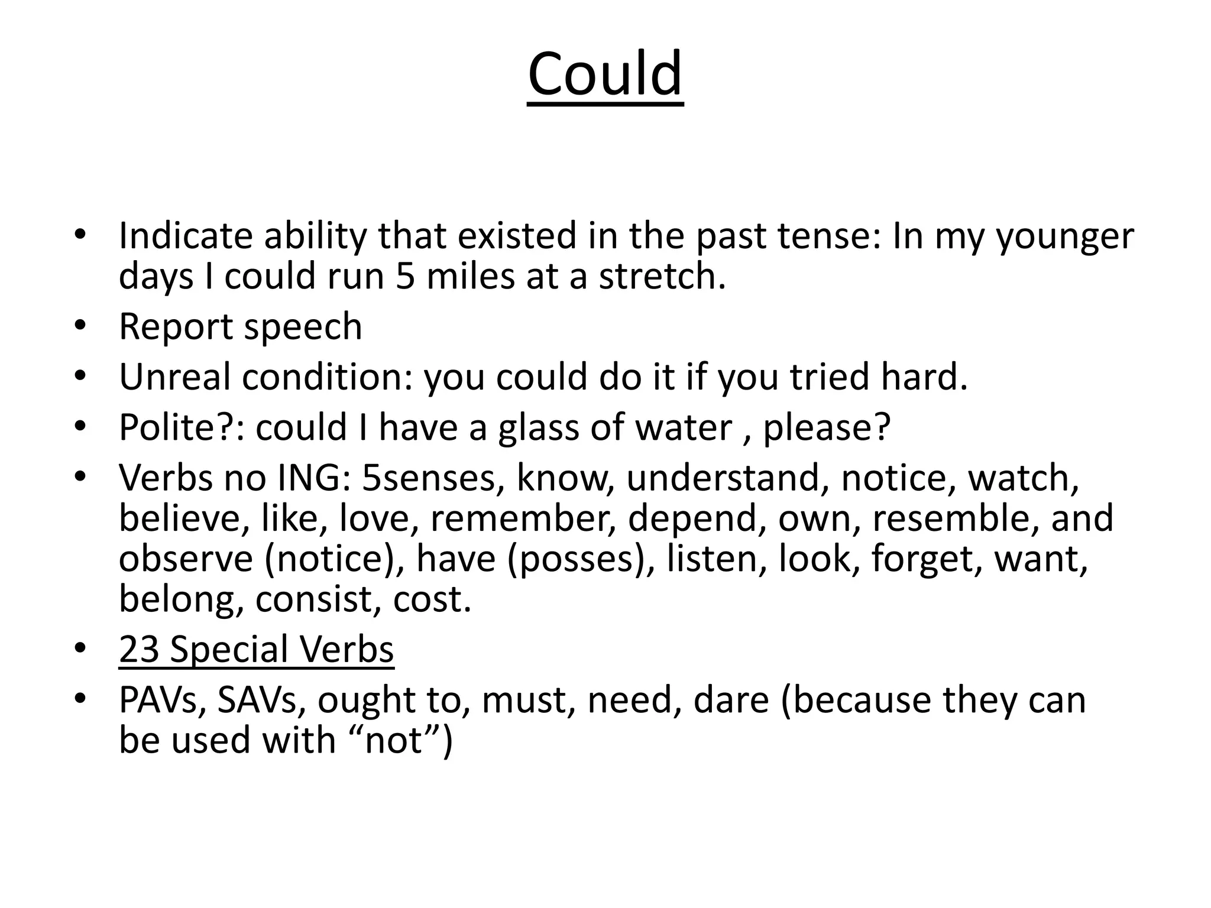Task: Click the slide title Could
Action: pyautogui.click(x=605, y=74)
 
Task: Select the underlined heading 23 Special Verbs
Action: pyautogui.click(x=256, y=649)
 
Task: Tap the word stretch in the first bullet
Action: pyautogui.click(x=661, y=276)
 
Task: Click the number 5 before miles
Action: pyautogui.click(x=405, y=276)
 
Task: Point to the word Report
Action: pyautogui.click(x=175, y=327)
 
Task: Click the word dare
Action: pyautogui.click(x=731, y=700)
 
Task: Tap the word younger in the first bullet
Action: pyautogui.click(x=1064, y=236)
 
